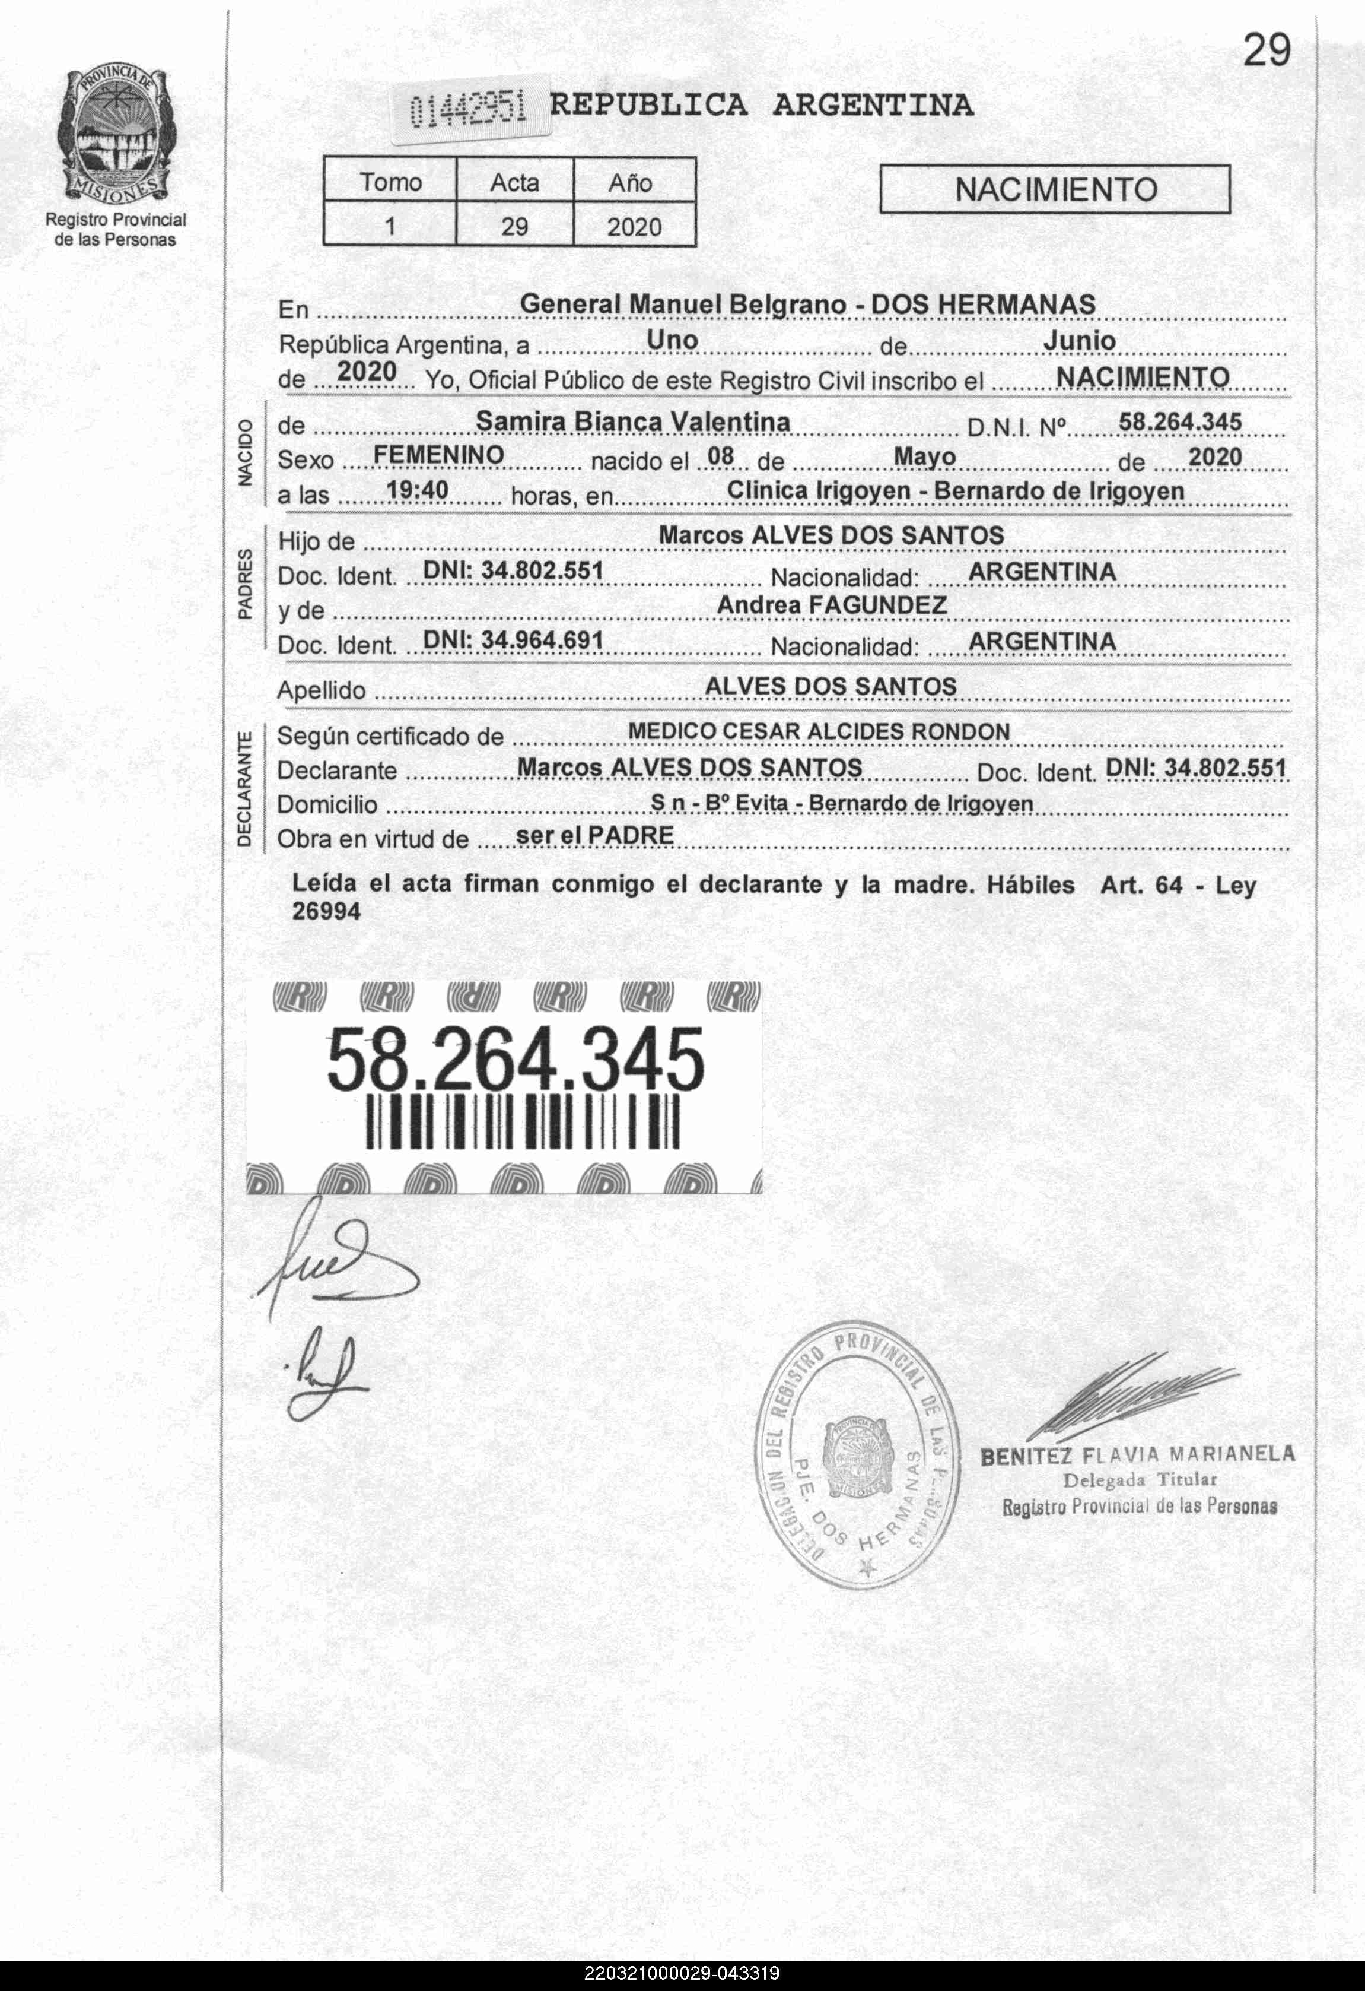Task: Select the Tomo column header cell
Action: click(x=390, y=182)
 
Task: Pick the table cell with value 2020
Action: click(x=634, y=227)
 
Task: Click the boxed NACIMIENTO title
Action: click(x=1055, y=189)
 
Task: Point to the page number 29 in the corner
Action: click(x=1266, y=52)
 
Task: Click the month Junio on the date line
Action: click(x=1079, y=341)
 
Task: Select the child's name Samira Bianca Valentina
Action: click(x=633, y=421)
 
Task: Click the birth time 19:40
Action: click(x=417, y=490)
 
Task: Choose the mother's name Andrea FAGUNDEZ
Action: click(x=832, y=605)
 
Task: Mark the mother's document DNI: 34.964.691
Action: click(x=513, y=641)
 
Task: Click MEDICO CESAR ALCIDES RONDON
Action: click(x=819, y=731)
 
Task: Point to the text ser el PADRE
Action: click(x=594, y=835)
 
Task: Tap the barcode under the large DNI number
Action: click(x=523, y=1123)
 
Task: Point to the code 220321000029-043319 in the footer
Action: click(x=682, y=1974)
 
